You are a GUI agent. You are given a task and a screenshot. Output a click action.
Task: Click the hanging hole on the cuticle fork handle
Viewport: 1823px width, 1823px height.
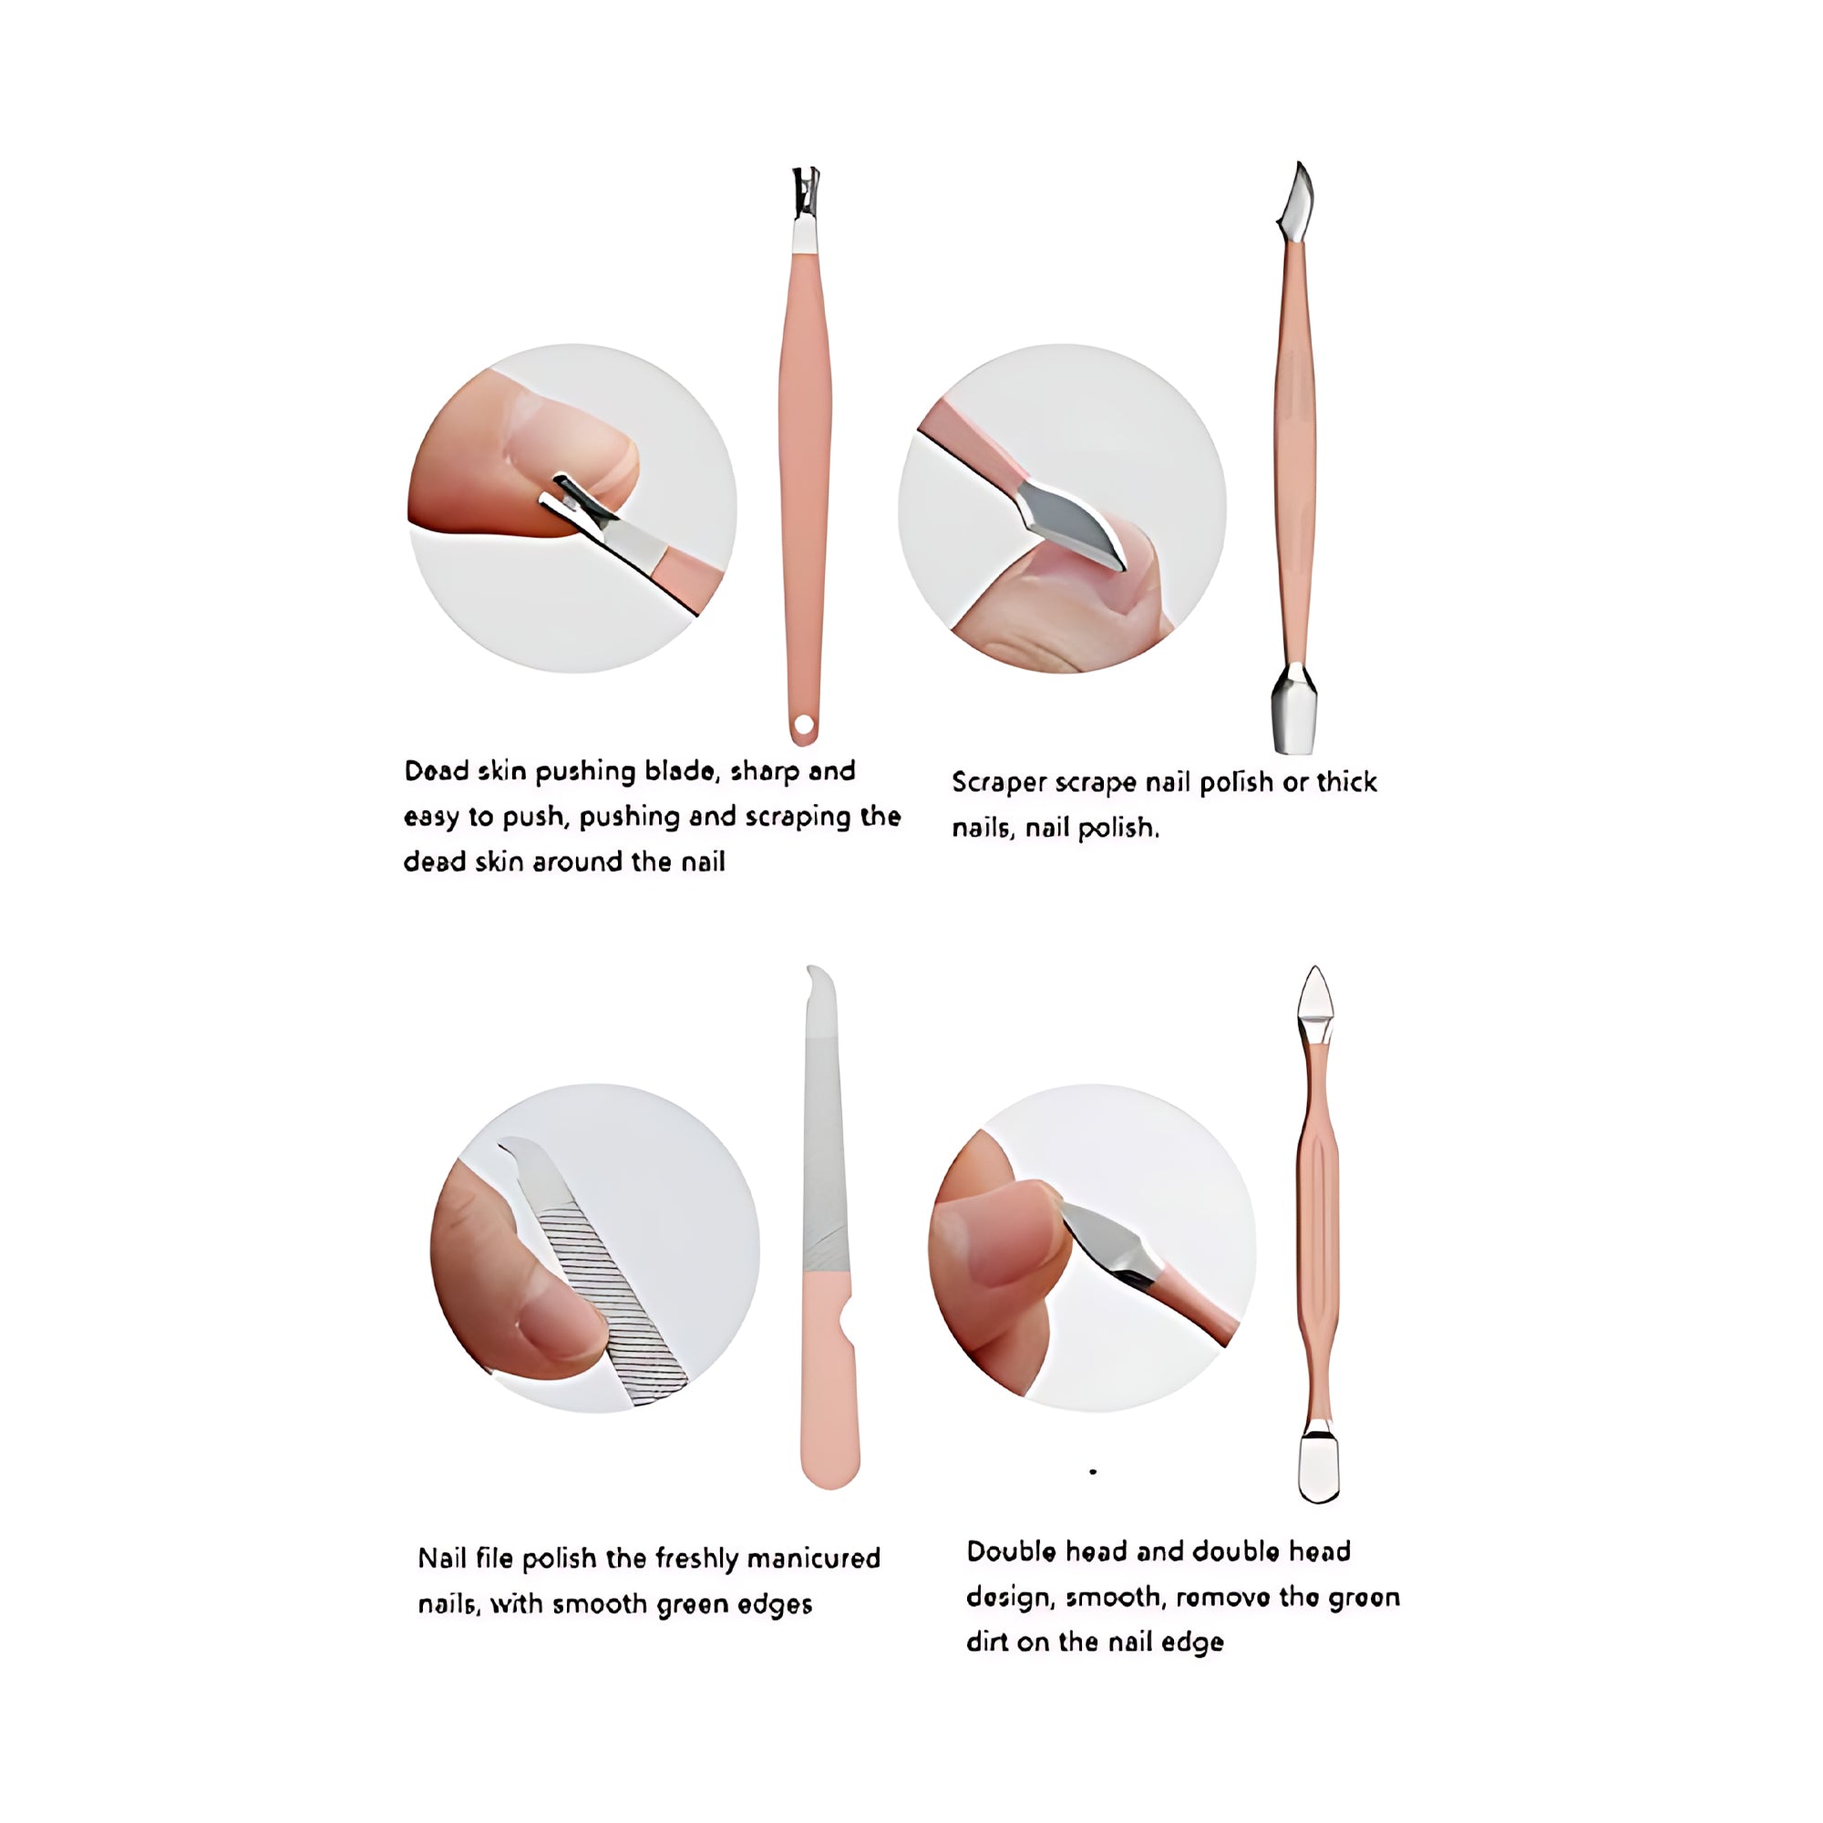click(x=804, y=725)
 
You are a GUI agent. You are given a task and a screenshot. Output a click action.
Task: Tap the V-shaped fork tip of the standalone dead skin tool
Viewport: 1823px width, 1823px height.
click(x=805, y=191)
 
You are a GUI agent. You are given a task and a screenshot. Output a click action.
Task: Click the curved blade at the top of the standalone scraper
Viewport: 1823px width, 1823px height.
click(x=1295, y=201)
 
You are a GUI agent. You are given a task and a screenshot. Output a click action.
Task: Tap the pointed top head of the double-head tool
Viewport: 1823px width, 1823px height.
click(x=1314, y=996)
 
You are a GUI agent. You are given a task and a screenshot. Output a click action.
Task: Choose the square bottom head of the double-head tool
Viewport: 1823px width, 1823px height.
click(x=1319, y=1468)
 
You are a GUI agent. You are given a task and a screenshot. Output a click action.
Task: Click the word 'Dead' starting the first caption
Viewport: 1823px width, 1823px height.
click(x=437, y=771)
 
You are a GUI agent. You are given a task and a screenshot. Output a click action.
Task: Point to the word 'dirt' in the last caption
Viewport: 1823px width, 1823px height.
click(x=987, y=1642)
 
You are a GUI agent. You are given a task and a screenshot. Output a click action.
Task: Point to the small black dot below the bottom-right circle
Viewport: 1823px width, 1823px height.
click(x=1093, y=1472)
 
